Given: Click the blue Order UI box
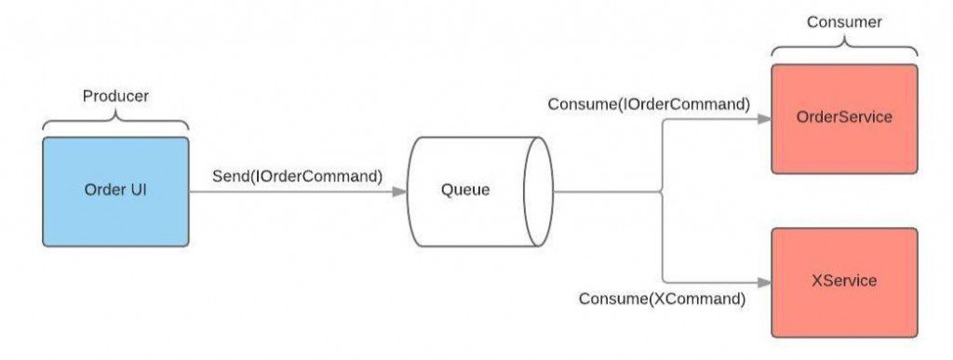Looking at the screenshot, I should (x=115, y=192).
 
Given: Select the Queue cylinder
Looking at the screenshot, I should (x=478, y=192).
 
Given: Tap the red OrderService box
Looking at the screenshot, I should (x=844, y=118).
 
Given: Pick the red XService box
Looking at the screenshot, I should (x=844, y=281).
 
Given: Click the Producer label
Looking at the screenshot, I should (x=115, y=96).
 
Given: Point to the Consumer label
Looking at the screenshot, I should (x=843, y=21).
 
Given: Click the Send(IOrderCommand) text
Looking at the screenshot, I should (x=298, y=175).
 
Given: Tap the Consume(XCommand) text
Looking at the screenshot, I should (x=662, y=299).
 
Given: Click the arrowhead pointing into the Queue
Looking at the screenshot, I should (x=399, y=193).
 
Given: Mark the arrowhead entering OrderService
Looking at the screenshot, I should (x=764, y=119).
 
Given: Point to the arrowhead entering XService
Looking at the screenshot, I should (x=764, y=281).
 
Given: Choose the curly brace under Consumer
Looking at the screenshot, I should (x=843, y=47).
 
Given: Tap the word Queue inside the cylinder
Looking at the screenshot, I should (x=464, y=192).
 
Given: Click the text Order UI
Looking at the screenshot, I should (x=115, y=192).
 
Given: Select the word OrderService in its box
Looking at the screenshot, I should (x=844, y=118).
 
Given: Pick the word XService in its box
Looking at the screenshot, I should (x=844, y=281).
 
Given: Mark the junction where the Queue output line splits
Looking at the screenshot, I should (x=663, y=193).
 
